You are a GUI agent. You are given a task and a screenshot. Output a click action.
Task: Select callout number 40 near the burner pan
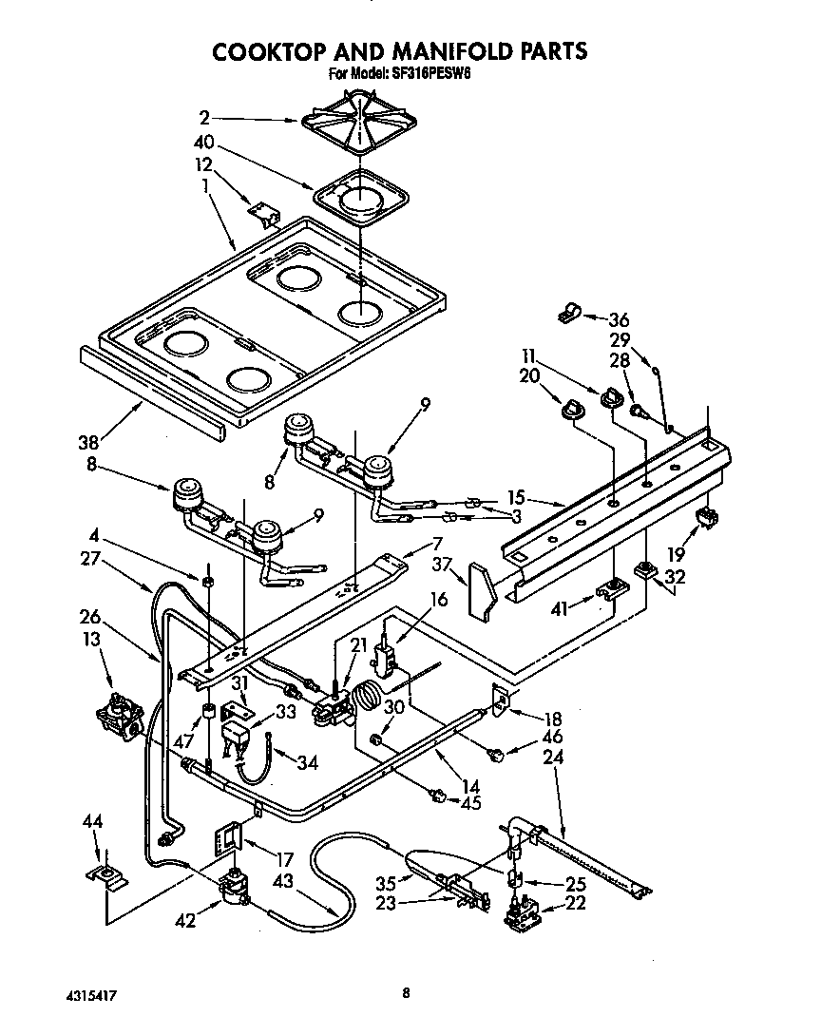tap(202, 144)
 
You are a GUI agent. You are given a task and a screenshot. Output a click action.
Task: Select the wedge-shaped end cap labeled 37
tap(482, 591)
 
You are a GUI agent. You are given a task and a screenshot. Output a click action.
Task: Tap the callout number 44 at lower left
tap(93, 820)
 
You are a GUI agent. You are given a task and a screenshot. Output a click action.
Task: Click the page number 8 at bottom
tap(406, 993)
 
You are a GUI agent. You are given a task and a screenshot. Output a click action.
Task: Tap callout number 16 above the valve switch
tap(438, 599)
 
